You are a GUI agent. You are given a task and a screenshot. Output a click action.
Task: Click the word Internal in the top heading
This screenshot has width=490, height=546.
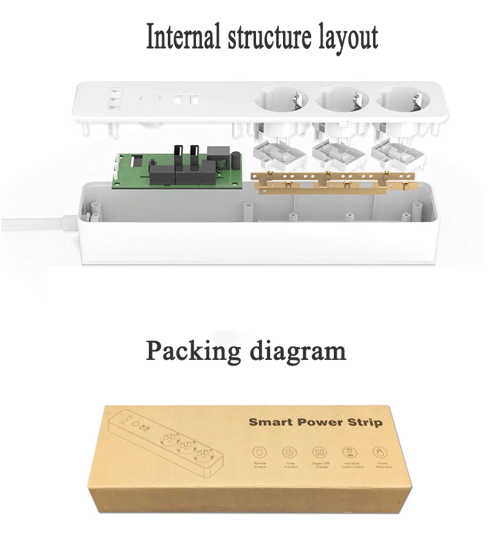pos(183,38)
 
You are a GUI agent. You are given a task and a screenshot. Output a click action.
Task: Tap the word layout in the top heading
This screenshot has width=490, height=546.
pos(347,38)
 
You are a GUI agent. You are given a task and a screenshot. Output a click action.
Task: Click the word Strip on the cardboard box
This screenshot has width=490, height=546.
pos(365,422)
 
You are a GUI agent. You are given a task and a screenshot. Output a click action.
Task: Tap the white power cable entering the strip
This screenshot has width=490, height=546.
pos(37,224)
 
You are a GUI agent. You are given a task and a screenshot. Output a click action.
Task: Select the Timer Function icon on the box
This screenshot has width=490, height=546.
pos(288,453)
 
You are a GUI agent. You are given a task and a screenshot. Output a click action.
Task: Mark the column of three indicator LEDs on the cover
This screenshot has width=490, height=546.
pos(113,99)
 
